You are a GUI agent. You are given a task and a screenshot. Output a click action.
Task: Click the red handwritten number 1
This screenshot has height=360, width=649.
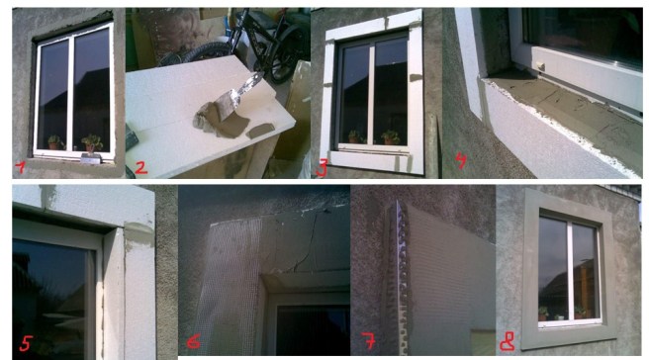[x=20, y=167]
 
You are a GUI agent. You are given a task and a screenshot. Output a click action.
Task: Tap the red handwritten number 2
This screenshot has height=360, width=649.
[x=140, y=167]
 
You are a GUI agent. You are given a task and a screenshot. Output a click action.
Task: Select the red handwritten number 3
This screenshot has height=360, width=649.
[x=322, y=168]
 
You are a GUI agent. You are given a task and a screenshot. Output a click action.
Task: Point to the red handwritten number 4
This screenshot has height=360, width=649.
[x=461, y=160]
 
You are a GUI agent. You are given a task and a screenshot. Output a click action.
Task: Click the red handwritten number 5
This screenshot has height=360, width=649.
[x=26, y=343]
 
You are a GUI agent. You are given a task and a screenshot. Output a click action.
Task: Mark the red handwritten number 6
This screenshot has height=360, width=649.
[x=194, y=341]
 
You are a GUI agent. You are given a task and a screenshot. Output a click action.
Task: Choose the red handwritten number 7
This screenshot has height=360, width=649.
[x=368, y=340]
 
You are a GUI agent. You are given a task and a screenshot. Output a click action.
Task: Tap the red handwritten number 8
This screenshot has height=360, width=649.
[x=508, y=342]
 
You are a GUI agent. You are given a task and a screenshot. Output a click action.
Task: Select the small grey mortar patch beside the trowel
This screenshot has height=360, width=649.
[x=258, y=131]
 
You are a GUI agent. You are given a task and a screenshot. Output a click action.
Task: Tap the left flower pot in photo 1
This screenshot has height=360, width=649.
[x=53, y=143]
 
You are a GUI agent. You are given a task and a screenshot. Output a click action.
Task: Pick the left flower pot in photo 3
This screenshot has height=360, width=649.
[x=353, y=137]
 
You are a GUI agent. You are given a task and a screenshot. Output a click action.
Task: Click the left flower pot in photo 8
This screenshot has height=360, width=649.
[x=542, y=314]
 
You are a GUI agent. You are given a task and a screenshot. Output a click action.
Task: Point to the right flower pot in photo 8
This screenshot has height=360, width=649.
[x=579, y=313]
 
